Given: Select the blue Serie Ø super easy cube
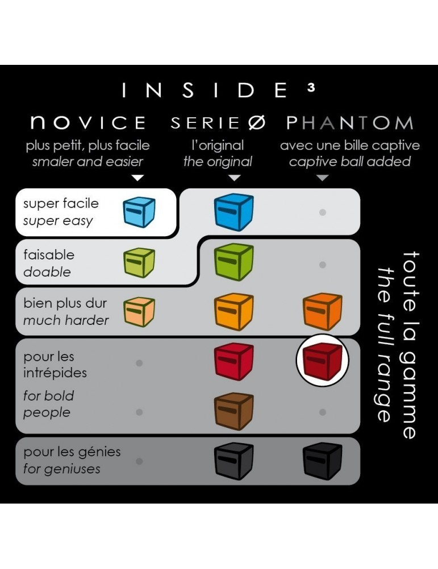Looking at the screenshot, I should coord(233,212).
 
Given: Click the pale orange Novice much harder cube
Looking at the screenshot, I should coord(139,312).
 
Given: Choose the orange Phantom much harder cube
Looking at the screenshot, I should coord(322,312).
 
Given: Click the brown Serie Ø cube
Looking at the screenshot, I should coord(233,411).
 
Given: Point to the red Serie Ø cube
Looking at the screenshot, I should coord(233,361).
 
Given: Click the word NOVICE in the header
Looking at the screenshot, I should coord(88,122).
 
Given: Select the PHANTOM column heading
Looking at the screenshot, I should coord(349,122).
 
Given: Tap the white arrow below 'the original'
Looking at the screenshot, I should coord(234,178).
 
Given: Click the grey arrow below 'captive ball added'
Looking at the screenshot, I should coord(322,178).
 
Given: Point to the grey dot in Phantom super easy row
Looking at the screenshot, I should coord(322,212).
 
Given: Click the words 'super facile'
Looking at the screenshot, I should coord(61,203).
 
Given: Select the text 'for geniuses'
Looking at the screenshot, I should coord(61,469).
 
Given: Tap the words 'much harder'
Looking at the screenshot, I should coord(65,320).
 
